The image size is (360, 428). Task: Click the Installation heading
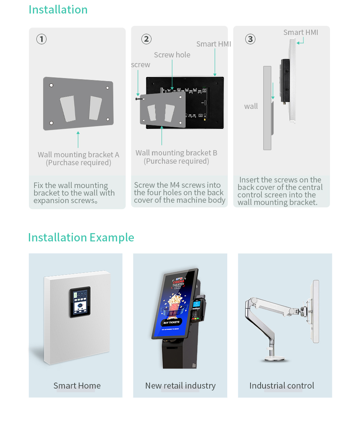click(58, 10)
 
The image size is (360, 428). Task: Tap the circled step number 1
click(41, 39)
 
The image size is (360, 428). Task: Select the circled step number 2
click(146, 39)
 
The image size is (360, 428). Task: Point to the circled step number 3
click(250, 39)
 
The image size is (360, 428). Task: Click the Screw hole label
click(172, 55)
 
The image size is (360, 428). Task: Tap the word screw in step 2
click(141, 65)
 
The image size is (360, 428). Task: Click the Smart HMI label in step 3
click(300, 32)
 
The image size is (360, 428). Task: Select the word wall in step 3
click(251, 106)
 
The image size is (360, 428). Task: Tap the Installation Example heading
click(81, 238)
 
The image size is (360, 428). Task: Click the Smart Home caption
click(77, 386)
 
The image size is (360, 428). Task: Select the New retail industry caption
click(180, 386)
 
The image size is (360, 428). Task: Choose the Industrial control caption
click(282, 386)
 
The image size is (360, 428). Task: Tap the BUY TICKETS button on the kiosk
click(171, 323)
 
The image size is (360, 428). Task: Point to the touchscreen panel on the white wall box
click(80, 302)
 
